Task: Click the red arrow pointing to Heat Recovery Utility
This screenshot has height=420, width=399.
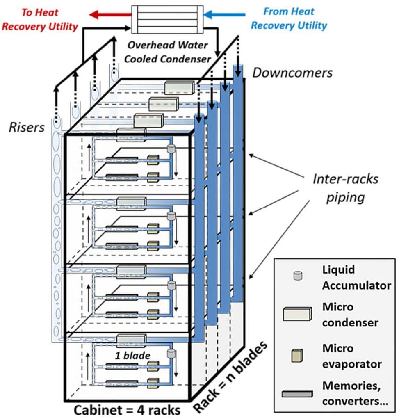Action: pyautogui.click(x=107, y=15)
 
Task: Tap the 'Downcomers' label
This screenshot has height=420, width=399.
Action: pyautogui.click(x=292, y=73)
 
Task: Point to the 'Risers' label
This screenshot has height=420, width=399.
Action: pyautogui.click(x=27, y=128)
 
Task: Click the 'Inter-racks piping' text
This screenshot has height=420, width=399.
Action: pyautogui.click(x=345, y=188)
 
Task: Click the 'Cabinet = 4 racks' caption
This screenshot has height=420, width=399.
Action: pyautogui.click(x=127, y=410)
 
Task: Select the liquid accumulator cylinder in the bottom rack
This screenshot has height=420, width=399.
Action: pyautogui.click(x=171, y=354)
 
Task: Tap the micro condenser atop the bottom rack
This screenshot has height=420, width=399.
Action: pyautogui.click(x=131, y=339)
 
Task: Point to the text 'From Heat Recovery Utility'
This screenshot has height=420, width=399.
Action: pyautogui.click(x=289, y=18)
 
